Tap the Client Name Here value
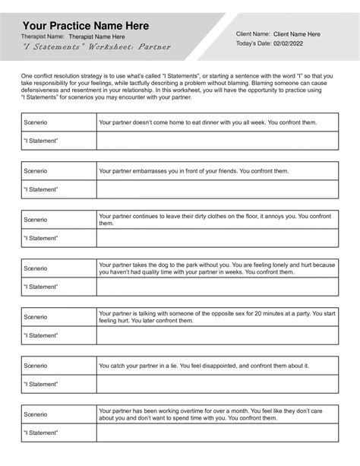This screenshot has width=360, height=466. [296, 34]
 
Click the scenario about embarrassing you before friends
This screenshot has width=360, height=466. [194, 172]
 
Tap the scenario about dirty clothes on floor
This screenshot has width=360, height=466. [216, 220]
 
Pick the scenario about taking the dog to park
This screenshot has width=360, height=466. [216, 268]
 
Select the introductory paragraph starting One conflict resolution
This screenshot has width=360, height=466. [179, 87]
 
